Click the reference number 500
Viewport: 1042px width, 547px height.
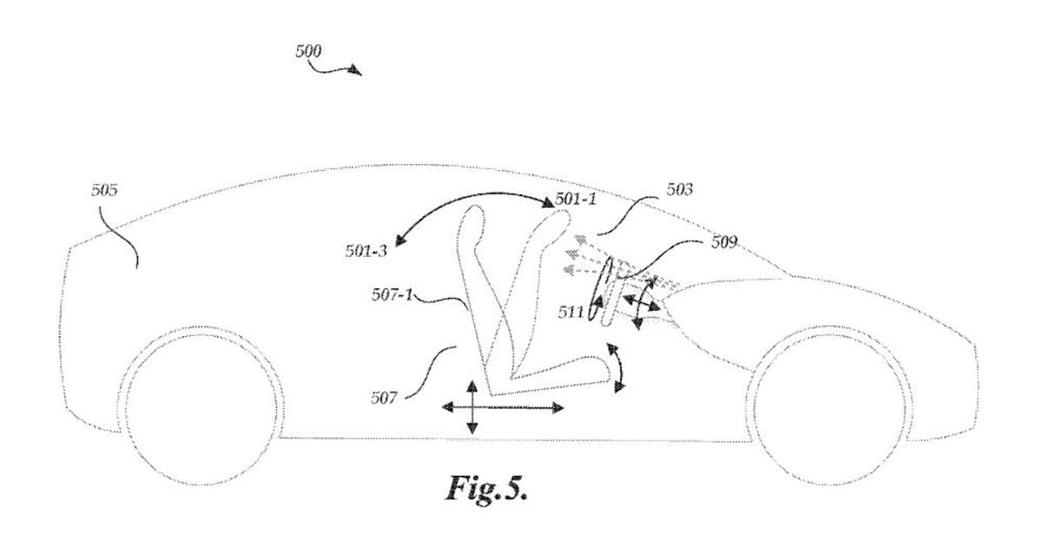tap(307, 52)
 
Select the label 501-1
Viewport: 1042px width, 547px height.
tap(576, 200)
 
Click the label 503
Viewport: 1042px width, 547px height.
tap(680, 188)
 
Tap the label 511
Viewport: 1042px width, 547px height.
tap(571, 309)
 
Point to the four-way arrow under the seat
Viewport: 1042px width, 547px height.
tap(472, 406)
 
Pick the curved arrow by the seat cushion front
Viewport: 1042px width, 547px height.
tap(617, 369)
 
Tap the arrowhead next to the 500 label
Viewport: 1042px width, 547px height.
tap(356, 71)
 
